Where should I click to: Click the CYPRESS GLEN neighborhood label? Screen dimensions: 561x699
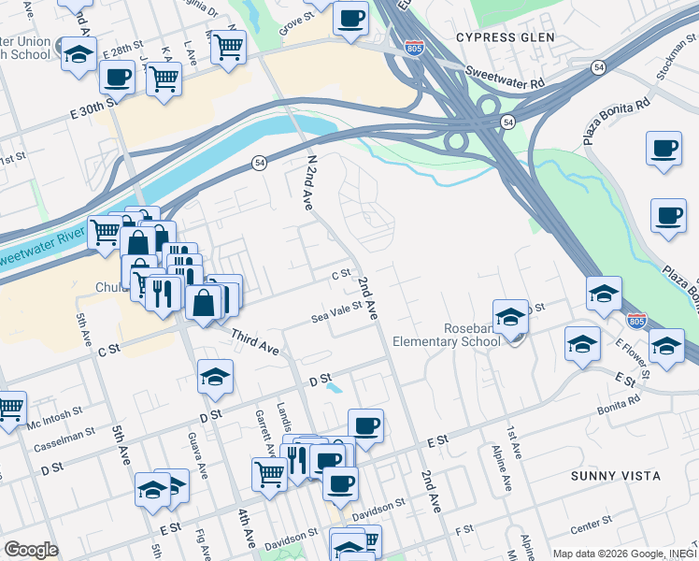click(506, 37)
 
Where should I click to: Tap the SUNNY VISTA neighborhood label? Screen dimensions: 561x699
click(616, 476)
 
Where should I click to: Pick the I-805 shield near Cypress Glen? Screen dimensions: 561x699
click(413, 47)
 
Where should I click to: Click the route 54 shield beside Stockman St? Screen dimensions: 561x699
click(598, 68)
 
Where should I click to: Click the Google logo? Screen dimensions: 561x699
click(32, 549)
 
